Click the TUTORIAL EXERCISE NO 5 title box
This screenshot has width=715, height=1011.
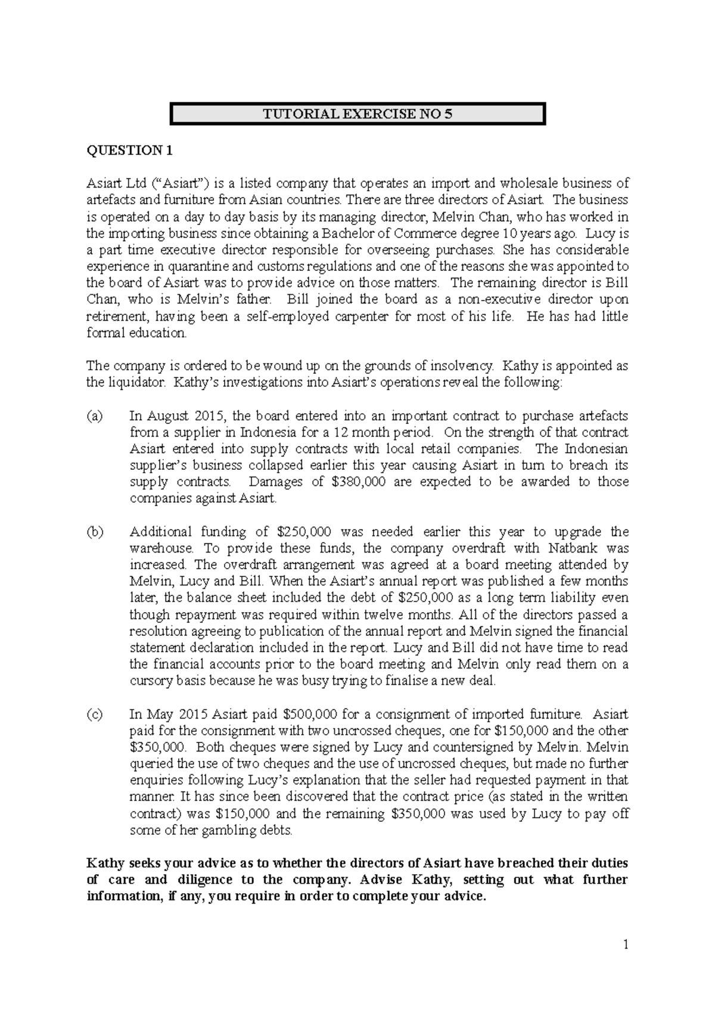point(357,114)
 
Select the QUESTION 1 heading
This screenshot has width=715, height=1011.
point(130,151)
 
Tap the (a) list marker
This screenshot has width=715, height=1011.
point(95,416)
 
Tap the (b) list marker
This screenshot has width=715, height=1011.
point(95,532)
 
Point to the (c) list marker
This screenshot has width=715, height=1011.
point(95,714)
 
